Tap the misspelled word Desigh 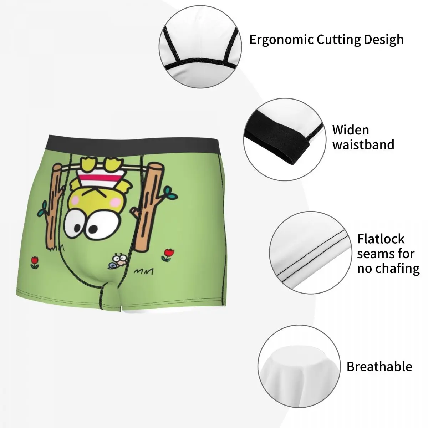pyautogui.click(x=383, y=39)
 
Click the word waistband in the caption pyautogui.click(x=363, y=144)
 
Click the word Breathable pyautogui.click(x=379, y=367)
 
